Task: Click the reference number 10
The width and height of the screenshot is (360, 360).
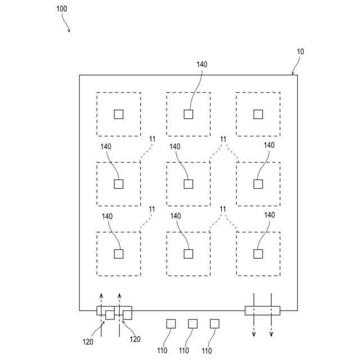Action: (300, 52)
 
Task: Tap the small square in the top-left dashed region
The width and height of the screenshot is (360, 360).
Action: (119, 114)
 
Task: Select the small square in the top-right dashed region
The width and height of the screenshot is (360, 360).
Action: (258, 114)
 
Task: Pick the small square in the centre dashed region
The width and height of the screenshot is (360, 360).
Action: (188, 184)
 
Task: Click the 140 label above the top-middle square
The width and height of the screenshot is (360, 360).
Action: (202, 64)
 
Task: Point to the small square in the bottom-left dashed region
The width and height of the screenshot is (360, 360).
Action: (119, 254)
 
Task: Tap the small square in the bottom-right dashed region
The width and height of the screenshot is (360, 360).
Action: (258, 254)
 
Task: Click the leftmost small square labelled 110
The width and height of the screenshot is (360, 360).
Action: (171, 323)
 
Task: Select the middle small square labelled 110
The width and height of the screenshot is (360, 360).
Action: (192, 323)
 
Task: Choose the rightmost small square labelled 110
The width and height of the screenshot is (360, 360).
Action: (214, 323)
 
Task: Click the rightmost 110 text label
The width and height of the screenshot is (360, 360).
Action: (206, 350)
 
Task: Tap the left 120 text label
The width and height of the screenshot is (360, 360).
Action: (87, 341)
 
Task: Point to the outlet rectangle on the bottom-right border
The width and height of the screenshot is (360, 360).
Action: (262, 310)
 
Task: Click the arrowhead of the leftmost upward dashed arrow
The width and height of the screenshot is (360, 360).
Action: (101, 295)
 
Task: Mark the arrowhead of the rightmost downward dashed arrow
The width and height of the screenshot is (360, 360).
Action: (271, 335)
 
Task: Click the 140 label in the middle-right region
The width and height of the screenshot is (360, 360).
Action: (269, 146)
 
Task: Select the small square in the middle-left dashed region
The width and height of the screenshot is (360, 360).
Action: (119, 184)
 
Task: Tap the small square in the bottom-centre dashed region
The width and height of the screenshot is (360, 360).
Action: (188, 254)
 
